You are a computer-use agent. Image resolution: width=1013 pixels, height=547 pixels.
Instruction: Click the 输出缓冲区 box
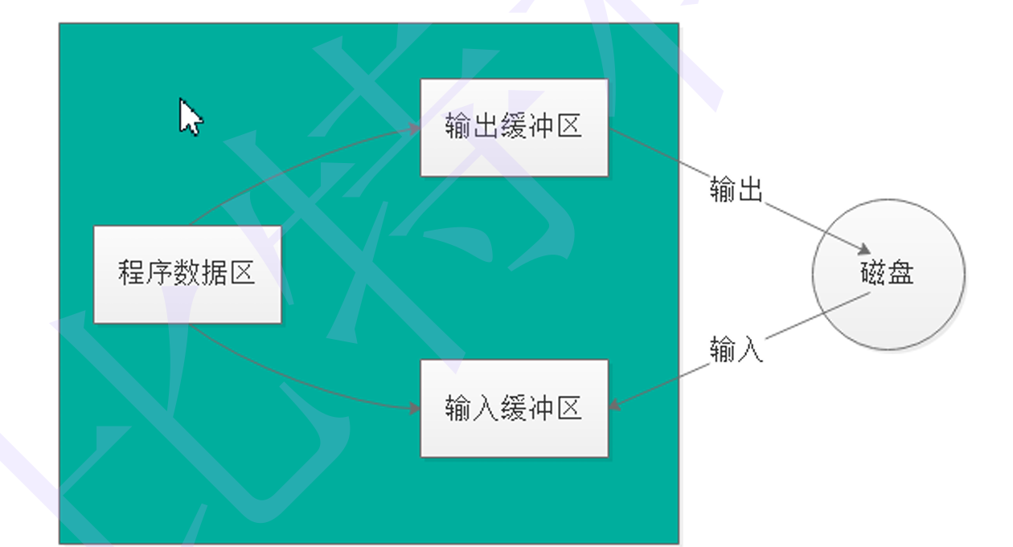click(514, 127)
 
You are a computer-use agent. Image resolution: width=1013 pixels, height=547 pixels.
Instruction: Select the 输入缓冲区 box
click(514, 409)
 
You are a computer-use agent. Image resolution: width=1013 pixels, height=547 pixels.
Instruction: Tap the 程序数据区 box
click(187, 274)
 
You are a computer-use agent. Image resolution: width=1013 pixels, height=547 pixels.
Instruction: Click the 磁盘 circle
click(888, 274)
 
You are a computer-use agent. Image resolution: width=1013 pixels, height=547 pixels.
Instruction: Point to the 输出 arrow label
click(736, 190)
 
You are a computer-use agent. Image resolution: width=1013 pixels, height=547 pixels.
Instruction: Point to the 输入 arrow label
click(736, 350)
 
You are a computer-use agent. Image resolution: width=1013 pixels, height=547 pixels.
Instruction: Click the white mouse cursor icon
click(189, 117)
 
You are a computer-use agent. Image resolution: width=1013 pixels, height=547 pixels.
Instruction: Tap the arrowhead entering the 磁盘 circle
click(864, 249)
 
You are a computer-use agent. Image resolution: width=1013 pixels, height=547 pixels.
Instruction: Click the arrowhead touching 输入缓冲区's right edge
click(614, 406)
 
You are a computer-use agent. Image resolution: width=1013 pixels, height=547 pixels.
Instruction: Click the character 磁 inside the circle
click(873, 274)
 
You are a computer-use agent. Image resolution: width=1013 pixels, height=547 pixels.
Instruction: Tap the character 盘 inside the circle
click(901, 274)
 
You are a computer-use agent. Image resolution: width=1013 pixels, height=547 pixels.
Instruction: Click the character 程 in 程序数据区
click(132, 273)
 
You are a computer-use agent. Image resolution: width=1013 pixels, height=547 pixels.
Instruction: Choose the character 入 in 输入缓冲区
click(486, 409)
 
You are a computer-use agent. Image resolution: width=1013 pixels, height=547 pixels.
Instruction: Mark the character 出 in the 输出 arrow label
click(749, 190)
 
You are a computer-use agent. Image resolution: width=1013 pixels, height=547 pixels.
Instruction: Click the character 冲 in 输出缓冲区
click(542, 127)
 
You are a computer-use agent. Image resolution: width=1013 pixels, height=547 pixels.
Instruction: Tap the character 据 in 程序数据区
click(215, 273)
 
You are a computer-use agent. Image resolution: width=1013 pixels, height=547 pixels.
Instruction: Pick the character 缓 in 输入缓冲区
click(514, 409)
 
